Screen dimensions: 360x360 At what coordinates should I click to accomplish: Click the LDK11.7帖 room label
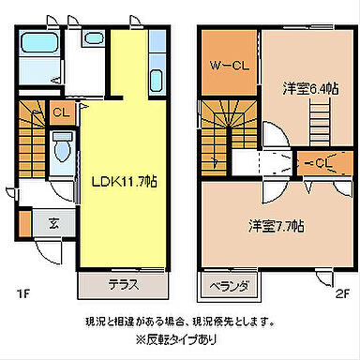[126, 180]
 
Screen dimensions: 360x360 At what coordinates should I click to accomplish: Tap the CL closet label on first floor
[60, 112]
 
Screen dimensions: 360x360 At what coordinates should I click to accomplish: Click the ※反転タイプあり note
[180, 338]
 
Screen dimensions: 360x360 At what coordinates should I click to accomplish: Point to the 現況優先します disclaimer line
[180, 320]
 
